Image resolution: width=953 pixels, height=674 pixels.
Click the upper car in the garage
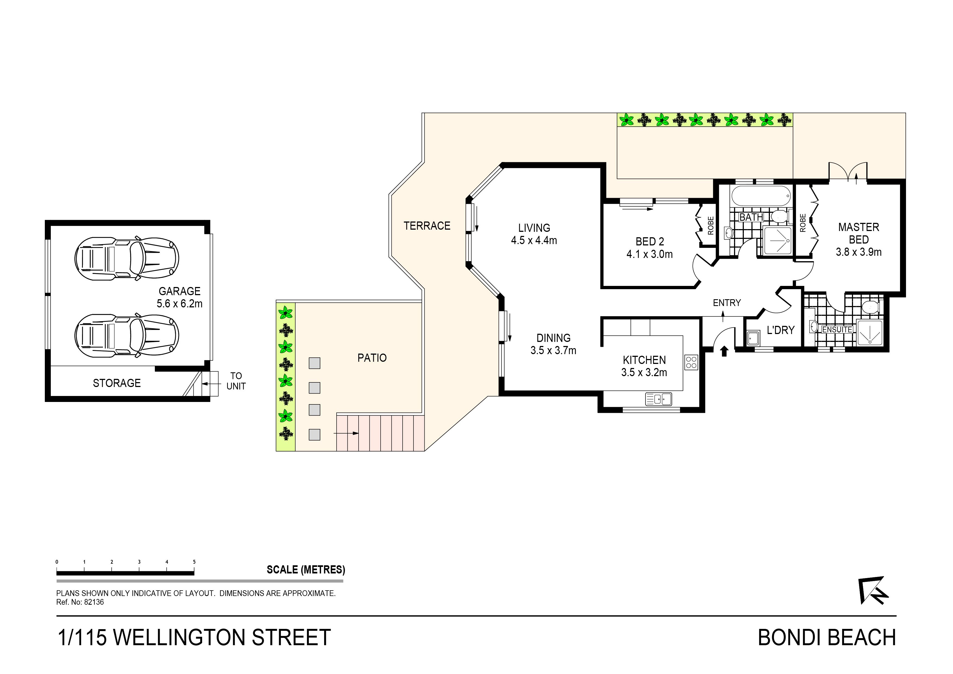tap(127, 259)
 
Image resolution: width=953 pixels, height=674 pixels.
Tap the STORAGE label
tap(117, 383)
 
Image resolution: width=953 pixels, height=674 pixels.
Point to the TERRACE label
tap(427, 226)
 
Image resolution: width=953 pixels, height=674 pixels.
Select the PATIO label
tap(372, 358)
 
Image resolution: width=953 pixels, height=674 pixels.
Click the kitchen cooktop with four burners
tap(691, 362)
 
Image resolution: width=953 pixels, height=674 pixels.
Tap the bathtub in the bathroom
tap(761, 196)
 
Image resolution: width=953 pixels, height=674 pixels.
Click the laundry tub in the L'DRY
tap(753, 338)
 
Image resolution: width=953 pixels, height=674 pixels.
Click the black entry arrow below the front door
tap(724, 351)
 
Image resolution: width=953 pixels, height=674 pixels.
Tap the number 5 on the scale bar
tap(194, 562)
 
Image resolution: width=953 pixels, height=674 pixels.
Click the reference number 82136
tap(94, 602)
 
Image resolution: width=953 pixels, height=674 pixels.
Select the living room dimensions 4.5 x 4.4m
tap(534, 241)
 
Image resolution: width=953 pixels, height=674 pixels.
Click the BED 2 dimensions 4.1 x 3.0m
tap(650, 254)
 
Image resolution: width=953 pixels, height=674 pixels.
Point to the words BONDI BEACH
tap(827, 638)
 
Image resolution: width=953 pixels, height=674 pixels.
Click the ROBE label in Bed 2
tap(711, 226)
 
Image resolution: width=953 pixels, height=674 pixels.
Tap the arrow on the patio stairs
tap(346, 433)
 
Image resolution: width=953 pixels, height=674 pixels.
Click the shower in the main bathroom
tap(777, 241)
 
